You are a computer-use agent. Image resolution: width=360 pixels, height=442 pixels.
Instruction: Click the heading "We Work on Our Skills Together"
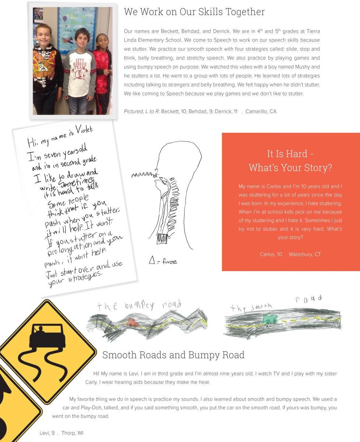pyautogui.click(x=194, y=12)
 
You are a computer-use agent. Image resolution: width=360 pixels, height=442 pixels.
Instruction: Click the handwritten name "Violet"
pyautogui.click(x=84, y=129)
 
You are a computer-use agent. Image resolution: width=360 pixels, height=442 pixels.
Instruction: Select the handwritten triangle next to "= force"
pyautogui.click(x=152, y=260)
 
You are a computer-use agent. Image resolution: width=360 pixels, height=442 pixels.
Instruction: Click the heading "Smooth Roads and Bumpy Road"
pyautogui.click(x=173, y=355)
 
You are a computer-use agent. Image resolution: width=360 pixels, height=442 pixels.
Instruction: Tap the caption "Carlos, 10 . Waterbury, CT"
pyautogui.click(x=290, y=254)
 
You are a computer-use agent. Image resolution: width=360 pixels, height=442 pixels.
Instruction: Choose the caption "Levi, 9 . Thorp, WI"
pyautogui.click(x=61, y=433)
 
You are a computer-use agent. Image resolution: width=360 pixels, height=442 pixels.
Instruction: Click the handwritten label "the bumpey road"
pyautogui.click(x=139, y=305)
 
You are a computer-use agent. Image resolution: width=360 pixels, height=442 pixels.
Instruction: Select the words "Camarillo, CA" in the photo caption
pyautogui.click(x=261, y=111)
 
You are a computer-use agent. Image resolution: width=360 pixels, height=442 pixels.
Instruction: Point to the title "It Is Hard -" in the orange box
pyautogui.click(x=290, y=154)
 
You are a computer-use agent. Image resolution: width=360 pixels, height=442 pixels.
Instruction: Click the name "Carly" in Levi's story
pyautogui.click(x=92, y=382)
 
